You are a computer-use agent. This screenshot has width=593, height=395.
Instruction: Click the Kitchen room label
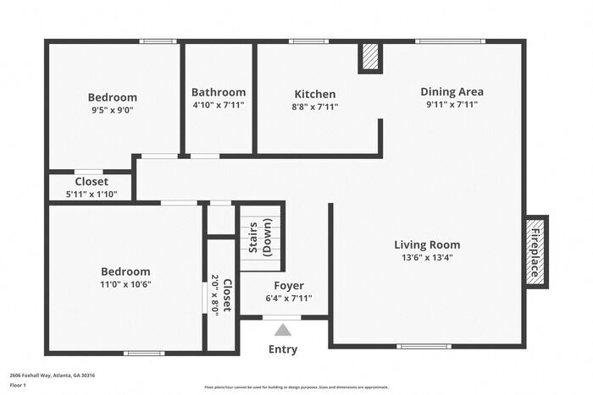click(x=315, y=94)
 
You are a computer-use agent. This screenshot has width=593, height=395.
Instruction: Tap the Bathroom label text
click(x=219, y=92)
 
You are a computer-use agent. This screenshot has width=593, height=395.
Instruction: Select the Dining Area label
click(x=452, y=91)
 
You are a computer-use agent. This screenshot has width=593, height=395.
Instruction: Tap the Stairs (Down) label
click(x=258, y=239)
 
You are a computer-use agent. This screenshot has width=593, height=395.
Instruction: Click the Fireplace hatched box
click(x=535, y=250)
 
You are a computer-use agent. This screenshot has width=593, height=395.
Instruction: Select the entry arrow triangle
click(x=282, y=330)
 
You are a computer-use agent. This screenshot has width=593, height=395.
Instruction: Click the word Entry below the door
click(x=283, y=349)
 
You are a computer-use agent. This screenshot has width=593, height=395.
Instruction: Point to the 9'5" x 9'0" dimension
click(x=113, y=110)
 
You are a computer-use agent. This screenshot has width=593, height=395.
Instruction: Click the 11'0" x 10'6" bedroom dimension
click(x=125, y=284)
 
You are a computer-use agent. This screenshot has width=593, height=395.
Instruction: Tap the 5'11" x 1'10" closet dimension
click(x=91, y=194)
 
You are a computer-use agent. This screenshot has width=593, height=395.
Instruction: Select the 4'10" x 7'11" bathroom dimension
click(x=219, y=106)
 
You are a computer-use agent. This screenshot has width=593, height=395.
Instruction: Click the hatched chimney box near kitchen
click(x=370, y=57)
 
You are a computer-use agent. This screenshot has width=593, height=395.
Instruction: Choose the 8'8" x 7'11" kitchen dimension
click(x=315, y=107)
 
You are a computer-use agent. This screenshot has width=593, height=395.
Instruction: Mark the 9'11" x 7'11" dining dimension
click(x=452, y=105)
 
